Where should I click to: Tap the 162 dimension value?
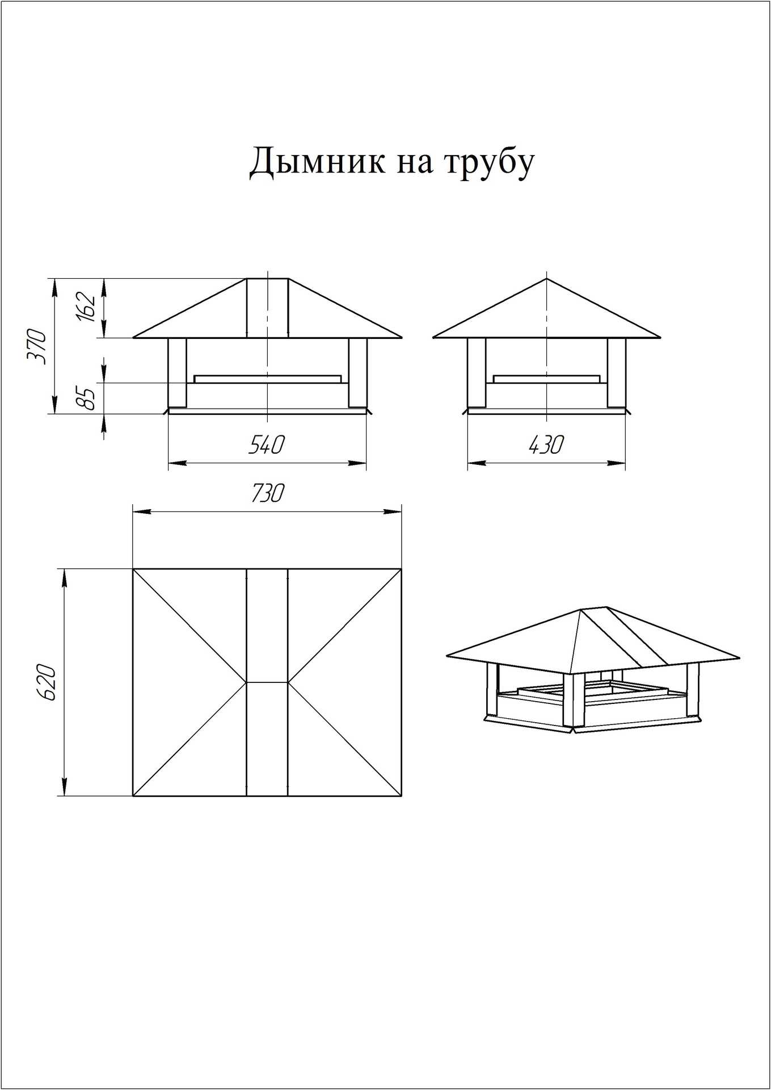pyautogui.click(x=86, y=307)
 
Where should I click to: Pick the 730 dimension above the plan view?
pyautogui.click(x=266, y=493)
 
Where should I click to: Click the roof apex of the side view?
pyautogui.click(x=546, y=279)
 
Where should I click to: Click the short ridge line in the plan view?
pyautogui.click(x=267, y=682)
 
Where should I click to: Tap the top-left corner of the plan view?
pyautogui.click(x=133, y=569)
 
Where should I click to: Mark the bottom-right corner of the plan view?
pyautogui.click(x=401, y=795)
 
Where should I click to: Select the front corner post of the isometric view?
pyautogui.click(x=572, y=701)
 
